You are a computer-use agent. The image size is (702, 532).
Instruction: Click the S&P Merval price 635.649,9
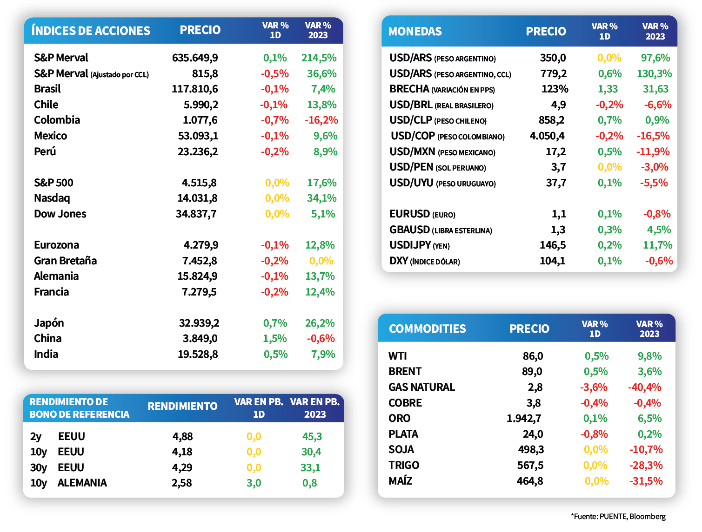click(195, 58)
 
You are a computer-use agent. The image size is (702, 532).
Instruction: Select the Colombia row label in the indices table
click(57, 120)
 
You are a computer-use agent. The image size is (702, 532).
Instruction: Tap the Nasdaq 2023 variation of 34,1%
click(321, 198)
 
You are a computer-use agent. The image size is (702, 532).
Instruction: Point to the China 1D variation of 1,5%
click(275, 339)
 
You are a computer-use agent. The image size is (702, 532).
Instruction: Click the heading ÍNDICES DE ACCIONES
click(91, 31)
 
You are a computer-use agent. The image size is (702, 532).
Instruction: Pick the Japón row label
click(49, 323)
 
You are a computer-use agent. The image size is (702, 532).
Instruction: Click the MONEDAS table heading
click(415, 32)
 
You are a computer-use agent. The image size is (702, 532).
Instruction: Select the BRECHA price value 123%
click(555, 89)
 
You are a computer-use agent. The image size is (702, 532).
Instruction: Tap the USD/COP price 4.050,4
click(547, 136)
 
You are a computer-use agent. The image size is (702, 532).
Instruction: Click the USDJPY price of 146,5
click(553, 245)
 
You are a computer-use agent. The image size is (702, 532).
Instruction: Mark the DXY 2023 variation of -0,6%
click(659, 261)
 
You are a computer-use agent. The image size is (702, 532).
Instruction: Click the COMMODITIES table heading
click(427, 329)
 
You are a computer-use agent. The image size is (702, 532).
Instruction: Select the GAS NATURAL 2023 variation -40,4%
click(644, 388)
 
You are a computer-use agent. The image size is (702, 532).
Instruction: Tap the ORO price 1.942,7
click(524, 419)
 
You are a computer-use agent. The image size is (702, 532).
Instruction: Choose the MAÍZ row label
click(400, 481)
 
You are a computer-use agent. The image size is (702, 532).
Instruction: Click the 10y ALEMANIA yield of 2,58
click(182, 483)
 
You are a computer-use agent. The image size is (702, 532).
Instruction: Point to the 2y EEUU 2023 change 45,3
click(312, 437)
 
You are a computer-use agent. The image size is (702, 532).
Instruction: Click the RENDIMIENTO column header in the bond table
click(182, 407)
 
